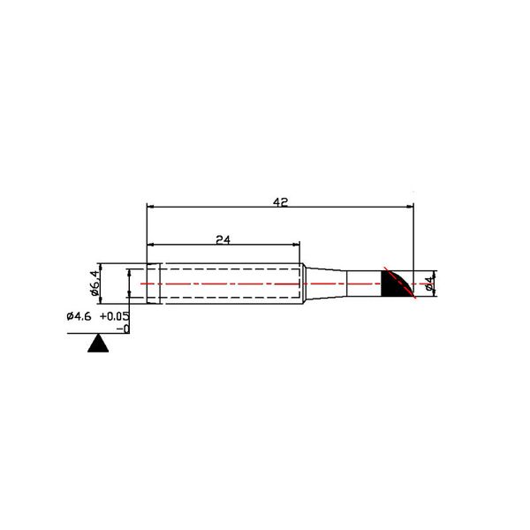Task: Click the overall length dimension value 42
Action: (280, 201)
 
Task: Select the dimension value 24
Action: (223, 239)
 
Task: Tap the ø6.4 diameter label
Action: (95, 284)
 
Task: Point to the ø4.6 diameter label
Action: (79, 317)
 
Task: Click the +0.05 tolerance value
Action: (115, 316)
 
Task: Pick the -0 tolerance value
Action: (123, 329)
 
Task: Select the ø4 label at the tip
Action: (429, 284)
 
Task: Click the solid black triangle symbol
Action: (98, 343)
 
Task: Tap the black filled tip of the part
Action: (394, 284)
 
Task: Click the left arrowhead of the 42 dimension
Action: (150, 206)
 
